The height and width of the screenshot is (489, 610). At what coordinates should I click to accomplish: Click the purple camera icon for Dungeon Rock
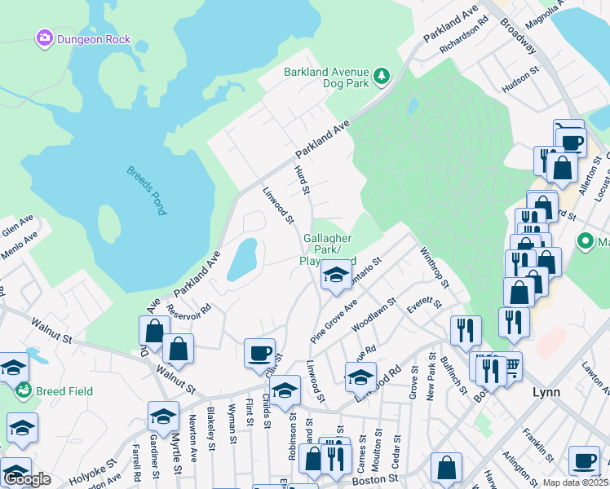tap(44, 37)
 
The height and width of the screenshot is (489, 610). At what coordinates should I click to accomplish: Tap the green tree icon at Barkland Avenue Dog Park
tap(381, 77)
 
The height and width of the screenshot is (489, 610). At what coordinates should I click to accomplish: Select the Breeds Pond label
tap(146, 190)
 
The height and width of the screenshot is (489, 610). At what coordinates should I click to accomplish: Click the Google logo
tap(28, 478)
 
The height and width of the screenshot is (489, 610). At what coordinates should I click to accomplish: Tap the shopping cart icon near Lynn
tap(511, 367)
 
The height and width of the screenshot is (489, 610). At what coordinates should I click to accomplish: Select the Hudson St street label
tap(521, 83)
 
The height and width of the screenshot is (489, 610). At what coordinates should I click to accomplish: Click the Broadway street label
tap(518, 37)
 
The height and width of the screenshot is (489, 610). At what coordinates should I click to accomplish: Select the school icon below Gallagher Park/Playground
tap(334, 276)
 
